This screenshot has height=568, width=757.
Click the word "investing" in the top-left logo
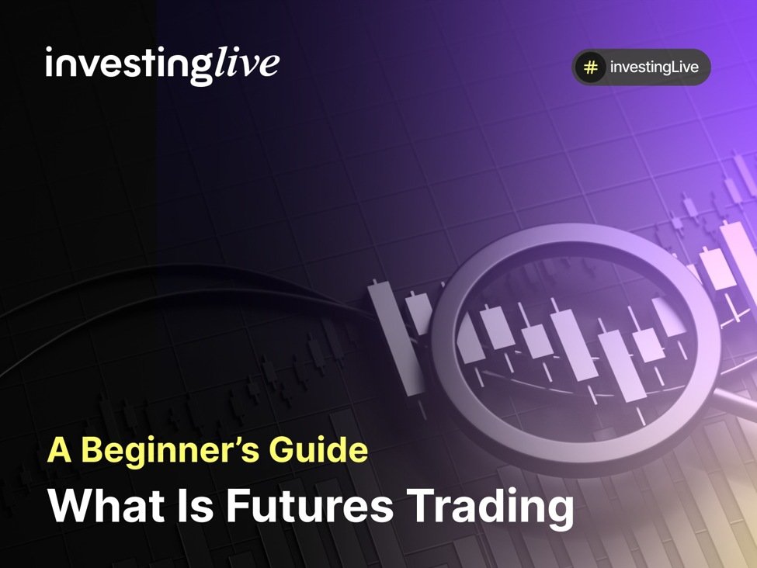click(x=127, y=65)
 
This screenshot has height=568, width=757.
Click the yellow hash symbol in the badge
click(x=591, y=68)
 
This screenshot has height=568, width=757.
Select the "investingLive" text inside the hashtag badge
click(x=654, y=68)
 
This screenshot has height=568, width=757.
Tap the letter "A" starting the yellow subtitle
click(x=58, y=450)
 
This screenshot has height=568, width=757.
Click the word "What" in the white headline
click(x=99, y=505)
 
